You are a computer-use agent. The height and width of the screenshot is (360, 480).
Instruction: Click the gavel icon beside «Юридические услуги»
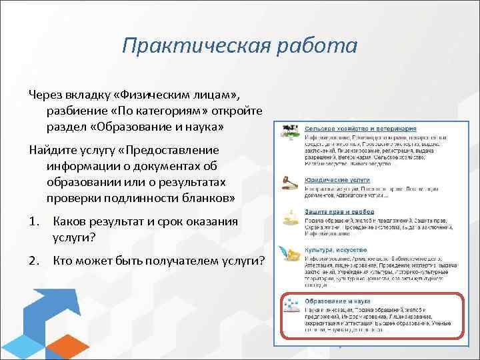[290, 182]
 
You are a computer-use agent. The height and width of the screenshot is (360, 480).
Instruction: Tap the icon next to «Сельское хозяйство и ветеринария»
[290, 129]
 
